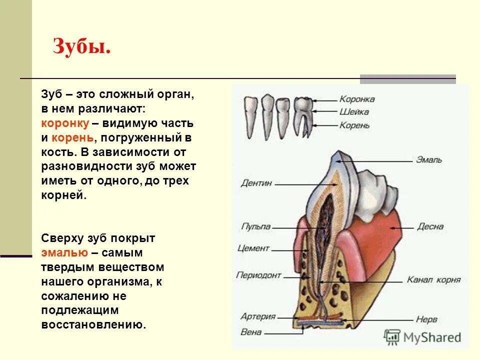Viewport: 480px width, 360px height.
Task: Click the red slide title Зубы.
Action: [81, 48]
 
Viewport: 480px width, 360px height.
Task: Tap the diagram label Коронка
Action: [356, 99]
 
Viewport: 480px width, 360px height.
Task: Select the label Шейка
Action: [353, 112]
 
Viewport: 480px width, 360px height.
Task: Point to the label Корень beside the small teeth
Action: [354, 125]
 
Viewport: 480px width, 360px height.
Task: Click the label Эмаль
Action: [428, 160]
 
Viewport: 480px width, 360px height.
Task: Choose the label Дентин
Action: [256, 183]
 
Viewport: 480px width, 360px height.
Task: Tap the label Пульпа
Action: [256, 226]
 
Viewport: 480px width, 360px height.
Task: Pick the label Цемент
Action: [253, 248]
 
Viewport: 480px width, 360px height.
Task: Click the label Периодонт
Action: [259, 275]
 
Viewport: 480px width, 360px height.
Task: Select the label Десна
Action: [429, 226]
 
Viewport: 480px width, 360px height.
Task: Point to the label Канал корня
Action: [433, 279]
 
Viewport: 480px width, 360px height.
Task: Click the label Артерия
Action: [258, 316]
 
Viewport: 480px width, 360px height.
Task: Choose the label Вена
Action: [251, 331]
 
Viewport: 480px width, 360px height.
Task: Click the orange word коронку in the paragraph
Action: [65, 123]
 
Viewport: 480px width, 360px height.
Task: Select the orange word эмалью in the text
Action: [65, 252]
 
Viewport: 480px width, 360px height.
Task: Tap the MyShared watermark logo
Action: [422, 336]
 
